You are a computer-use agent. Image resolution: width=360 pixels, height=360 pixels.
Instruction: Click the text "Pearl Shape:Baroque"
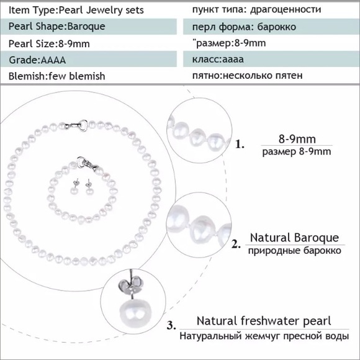(x=56, y=27)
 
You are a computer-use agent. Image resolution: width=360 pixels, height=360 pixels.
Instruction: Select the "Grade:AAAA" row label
(x=37, y=60)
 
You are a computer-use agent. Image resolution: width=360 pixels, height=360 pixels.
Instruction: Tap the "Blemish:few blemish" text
(x=56, y=76)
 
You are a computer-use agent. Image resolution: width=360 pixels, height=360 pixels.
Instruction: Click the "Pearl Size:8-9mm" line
(x=49, y=43)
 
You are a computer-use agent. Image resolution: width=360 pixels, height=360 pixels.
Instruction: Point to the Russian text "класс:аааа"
(x=218, y=59)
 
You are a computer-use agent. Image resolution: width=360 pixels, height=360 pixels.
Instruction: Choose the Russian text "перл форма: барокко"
(x=244, y=27)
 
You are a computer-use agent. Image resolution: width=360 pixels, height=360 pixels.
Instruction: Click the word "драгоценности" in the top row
(x=286, y=10)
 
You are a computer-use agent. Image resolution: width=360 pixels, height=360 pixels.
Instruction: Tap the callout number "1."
(x=240, y=145)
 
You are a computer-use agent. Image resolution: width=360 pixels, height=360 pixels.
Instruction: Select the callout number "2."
(x=236, y=244)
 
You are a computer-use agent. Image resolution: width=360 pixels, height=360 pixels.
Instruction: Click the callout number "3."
(x=171, y=325)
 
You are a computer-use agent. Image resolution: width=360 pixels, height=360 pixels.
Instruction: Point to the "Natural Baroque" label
(x=294, y=238)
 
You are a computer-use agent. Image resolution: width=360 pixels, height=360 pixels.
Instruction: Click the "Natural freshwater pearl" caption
(x=264, y=321)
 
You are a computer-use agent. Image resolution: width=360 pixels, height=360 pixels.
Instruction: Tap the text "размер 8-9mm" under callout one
(x=297, y=152)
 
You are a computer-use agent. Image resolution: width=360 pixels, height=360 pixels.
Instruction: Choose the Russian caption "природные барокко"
(x=295, y=251)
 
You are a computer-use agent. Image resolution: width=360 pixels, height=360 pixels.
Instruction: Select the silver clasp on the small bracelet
(x=88, y=163)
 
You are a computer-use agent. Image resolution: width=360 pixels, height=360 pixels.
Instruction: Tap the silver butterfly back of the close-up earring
(x=130, y=285)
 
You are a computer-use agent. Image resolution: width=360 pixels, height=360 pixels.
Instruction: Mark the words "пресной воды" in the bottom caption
(x=316, y=336)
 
